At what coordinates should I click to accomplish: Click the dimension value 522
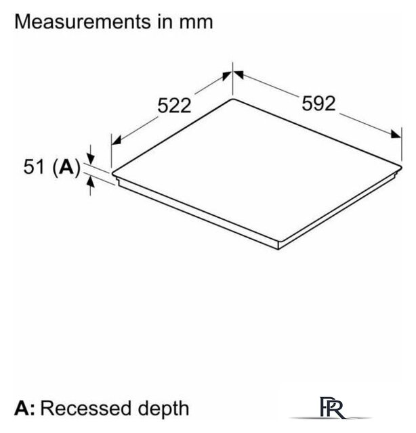[x=175, y=106]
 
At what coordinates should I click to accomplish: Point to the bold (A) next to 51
[x=66, y=166]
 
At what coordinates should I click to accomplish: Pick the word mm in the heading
[x=196, y=22]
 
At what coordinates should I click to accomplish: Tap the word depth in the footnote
[x=164, y=408]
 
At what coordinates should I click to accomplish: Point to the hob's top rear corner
[x=234, y=99]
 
